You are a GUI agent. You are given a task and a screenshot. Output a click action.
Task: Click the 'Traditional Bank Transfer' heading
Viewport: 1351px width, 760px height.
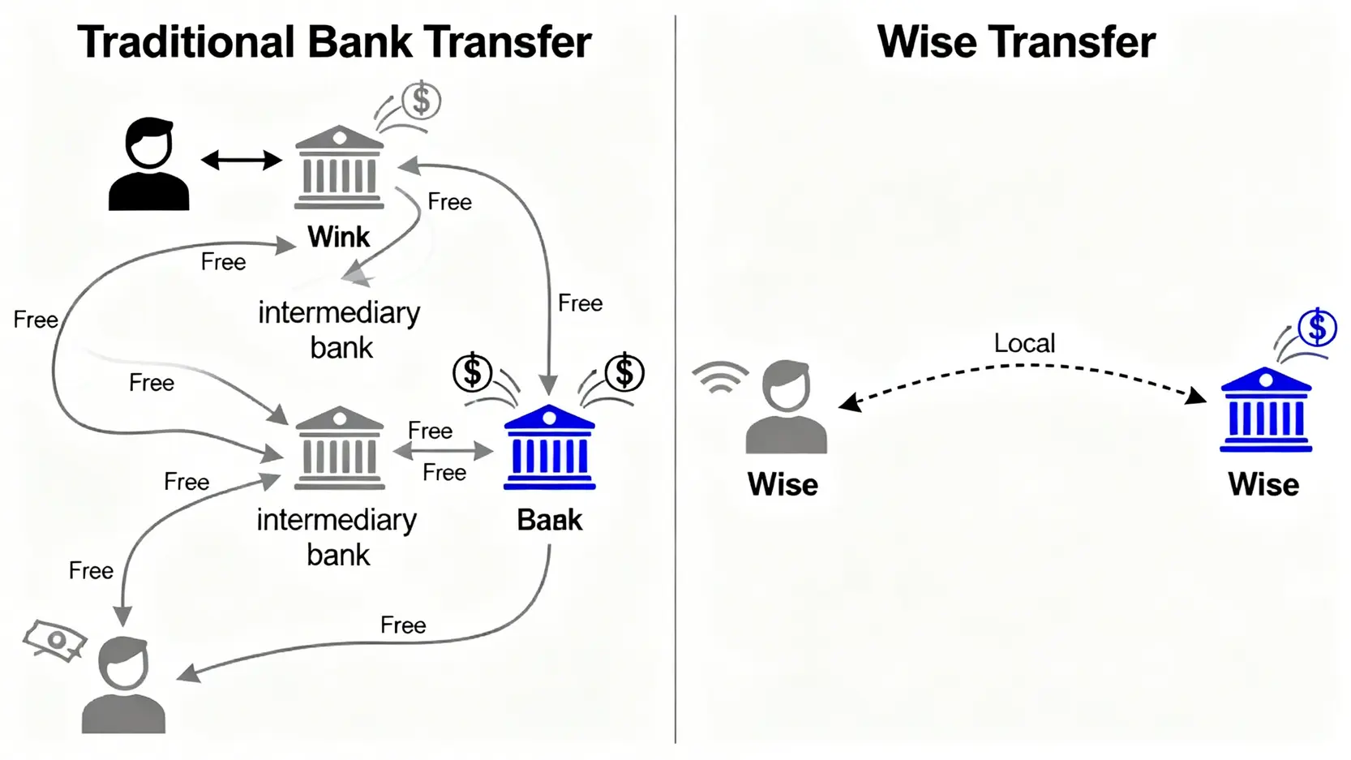[334, 42]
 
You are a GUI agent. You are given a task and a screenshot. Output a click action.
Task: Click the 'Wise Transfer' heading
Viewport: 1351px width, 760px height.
[1015, 42]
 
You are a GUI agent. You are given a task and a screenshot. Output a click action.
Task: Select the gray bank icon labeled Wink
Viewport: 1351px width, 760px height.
[339, 168]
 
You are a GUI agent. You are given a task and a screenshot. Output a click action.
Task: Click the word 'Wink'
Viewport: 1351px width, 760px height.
[338, 237]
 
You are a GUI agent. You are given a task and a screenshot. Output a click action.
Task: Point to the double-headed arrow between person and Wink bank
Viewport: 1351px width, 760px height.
[241, 160]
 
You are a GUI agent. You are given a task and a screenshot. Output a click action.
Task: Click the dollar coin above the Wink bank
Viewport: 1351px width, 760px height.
[421, 101]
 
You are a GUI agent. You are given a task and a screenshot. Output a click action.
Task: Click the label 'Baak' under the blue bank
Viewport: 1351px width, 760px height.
[549, 520]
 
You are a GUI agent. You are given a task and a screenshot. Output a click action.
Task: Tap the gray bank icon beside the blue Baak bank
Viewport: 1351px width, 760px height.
[339, 449]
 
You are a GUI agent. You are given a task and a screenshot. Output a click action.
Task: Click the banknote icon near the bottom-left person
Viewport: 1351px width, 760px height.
[54, 641]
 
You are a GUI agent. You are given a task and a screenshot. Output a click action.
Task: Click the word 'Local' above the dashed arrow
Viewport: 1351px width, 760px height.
[1024, 343]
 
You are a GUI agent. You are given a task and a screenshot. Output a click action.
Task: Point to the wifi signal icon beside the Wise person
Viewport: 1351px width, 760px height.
[720, 378]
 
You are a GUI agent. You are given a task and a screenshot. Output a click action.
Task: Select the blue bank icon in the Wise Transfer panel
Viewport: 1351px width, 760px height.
[1265, 410]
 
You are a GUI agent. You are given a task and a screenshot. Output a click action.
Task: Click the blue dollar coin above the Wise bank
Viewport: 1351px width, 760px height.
[1317, 328]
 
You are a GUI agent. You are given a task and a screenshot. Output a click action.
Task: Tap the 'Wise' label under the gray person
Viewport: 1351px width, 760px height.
[783, 484]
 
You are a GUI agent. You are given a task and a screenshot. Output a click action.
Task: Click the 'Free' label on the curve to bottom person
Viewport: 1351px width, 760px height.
[403, 625]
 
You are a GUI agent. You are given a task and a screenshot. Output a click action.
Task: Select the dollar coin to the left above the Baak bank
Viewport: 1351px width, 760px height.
[472, 372]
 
